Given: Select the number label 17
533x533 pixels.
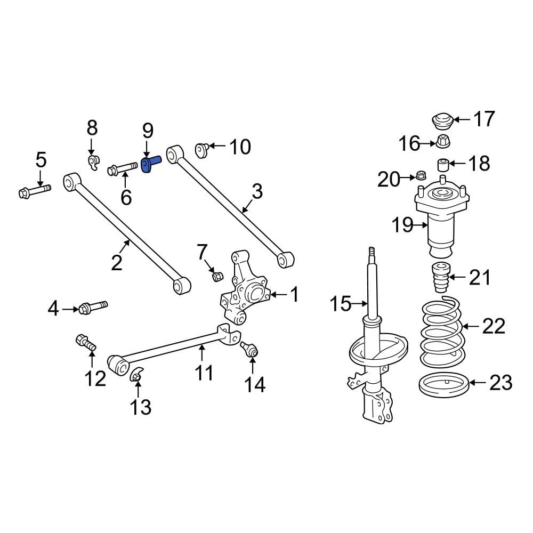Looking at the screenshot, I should (484, 119).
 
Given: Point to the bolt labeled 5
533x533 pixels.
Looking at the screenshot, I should (33, 191).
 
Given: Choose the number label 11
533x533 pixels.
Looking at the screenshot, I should (203, 373).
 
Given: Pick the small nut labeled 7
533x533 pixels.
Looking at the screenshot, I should (217, 276).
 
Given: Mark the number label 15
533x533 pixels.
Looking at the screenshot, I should (341, 305).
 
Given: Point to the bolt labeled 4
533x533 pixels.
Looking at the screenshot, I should (92, 307).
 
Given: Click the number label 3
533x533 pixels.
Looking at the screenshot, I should (257, 191).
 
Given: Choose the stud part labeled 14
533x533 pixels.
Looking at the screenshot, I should (250, 349).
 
